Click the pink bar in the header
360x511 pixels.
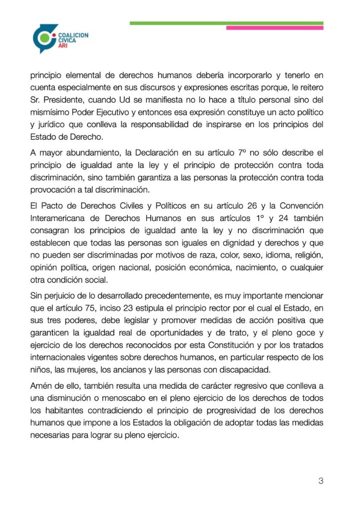(x=275, y=28)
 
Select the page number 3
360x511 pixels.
(x=321, y=481)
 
